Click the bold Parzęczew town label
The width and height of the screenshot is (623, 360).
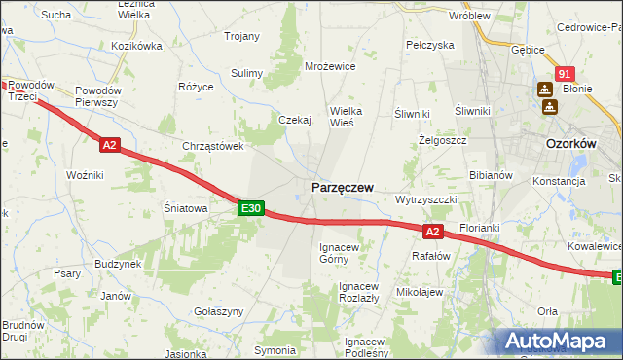[x=342, y=186]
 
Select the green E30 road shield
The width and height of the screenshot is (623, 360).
[x=250, y=208]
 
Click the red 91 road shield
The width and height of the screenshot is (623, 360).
[x=566, y=74]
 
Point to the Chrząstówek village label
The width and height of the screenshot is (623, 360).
[x=212, y=146]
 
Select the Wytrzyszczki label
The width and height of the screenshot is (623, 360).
[x=425, y=198]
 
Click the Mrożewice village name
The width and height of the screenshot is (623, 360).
[x=330, y=66]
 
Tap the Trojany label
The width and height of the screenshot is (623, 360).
[x=241, y=36]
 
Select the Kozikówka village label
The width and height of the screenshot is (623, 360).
[x=136, y=46]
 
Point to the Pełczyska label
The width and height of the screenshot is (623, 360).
[x=430, y=45]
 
